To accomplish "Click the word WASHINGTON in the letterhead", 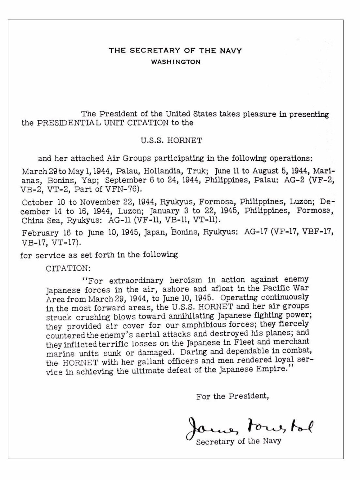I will pos(175,62).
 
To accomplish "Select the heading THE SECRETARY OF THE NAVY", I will pos(175,51).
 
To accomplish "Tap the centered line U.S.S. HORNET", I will pos(171,141).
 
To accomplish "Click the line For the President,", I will pos(233,396).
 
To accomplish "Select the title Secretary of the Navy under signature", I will pos(239,441).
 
